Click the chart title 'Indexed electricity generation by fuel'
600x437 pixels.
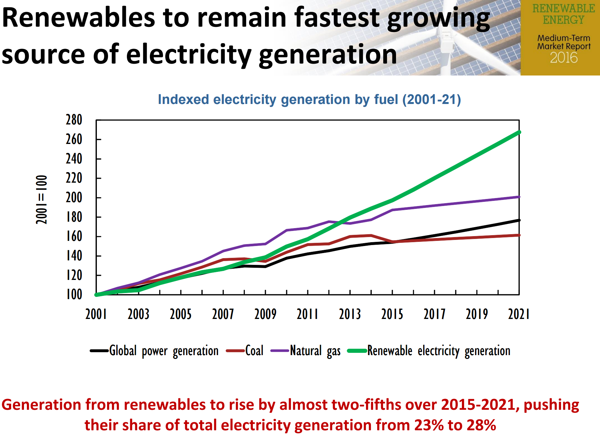309,99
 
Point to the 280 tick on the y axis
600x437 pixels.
74,120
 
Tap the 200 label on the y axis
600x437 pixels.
74,198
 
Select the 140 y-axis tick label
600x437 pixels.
74,256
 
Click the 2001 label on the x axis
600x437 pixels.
96,314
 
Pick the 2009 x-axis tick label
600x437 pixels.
265,314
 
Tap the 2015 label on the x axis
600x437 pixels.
392,314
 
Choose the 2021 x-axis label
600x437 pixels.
519,314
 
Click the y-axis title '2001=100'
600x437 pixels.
42,200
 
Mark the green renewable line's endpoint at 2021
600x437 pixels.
519,132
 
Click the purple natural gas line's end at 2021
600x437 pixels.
519,197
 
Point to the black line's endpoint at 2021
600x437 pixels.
519,220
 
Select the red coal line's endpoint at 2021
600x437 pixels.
519,235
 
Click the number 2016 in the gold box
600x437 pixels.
564,58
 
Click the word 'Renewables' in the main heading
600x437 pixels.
79,18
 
